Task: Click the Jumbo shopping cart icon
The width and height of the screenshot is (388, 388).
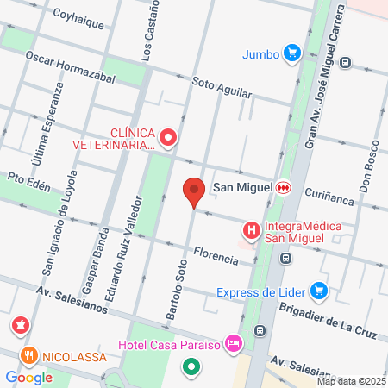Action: [293, 53]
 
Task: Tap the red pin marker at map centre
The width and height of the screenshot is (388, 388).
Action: [194, 190]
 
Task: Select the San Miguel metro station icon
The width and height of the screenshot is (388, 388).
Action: [283, 187]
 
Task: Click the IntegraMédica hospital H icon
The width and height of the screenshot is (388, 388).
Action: [251, 230]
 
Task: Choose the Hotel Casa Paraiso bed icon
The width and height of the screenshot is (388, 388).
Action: [233, 345]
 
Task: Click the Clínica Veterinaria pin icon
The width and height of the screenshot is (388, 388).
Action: [168, 136]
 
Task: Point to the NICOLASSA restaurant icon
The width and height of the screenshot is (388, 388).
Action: [28, 355]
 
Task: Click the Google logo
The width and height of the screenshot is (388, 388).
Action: [28, 377]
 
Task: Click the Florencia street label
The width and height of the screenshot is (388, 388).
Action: [216, 255]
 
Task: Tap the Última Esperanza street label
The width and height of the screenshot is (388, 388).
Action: [48, 128]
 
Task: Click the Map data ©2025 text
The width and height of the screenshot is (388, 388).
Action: [351, 381]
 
